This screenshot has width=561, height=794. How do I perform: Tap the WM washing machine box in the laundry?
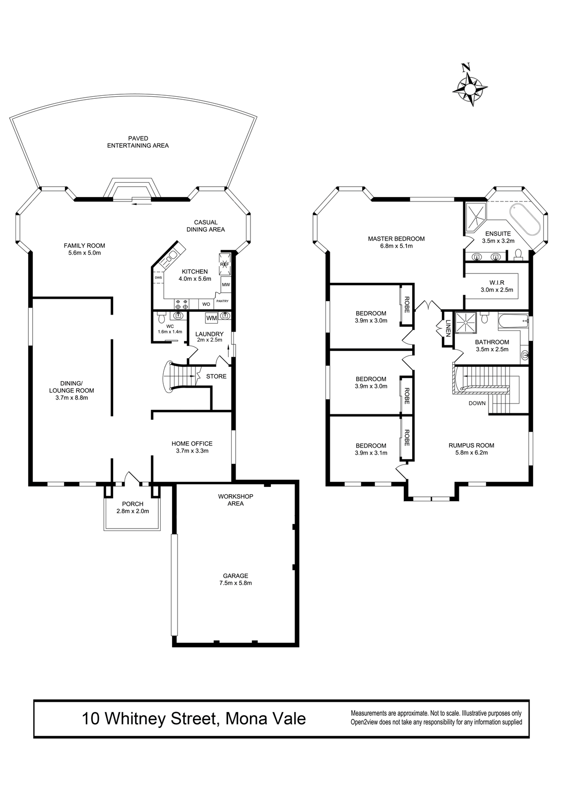212,318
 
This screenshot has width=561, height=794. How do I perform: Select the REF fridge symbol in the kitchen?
225,265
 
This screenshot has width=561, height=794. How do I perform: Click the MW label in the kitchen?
226,284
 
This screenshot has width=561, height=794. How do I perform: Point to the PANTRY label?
222,301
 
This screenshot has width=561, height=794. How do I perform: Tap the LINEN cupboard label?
447,328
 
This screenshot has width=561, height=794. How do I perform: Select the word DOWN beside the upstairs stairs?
477,403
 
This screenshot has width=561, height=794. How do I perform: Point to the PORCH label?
132,504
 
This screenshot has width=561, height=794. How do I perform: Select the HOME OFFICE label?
192,444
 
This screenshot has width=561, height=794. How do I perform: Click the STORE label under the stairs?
216,377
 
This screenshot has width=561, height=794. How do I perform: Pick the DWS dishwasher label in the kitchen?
158,277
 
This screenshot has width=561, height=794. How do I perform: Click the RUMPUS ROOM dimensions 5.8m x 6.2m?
471,453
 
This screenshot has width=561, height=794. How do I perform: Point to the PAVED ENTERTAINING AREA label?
138,142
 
